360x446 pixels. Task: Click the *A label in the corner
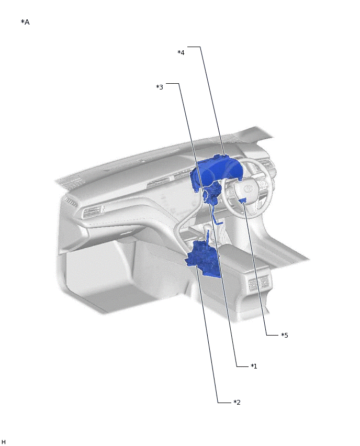tap(25, 22)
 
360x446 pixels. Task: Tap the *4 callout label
tap(181, 53)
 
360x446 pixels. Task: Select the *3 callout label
tap(160, 87)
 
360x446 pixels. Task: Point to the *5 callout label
tap(285, 335)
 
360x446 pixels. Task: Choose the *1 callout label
tap(254, 366)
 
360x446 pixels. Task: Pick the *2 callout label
tap(237, 402)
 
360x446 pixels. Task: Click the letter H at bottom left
tap(4, 441)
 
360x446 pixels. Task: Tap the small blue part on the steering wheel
tap(244, 201)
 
